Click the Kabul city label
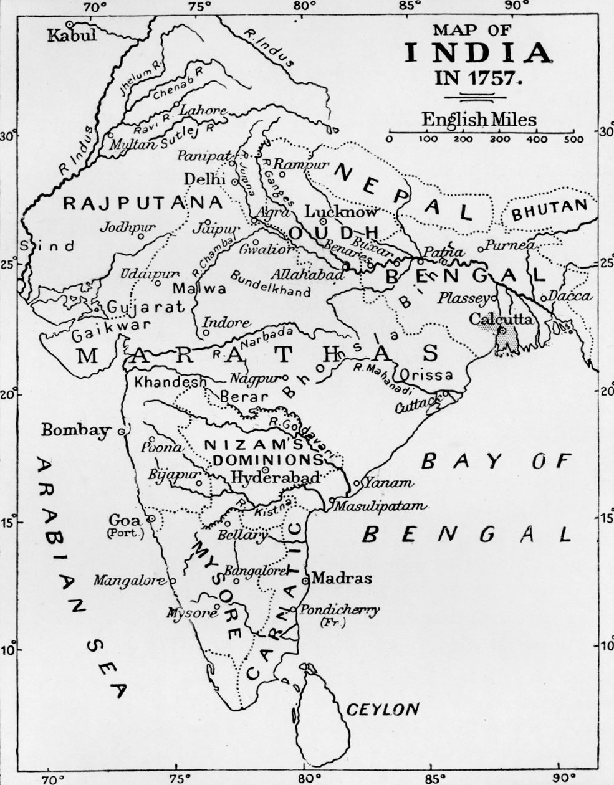point(72,35)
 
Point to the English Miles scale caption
point(478,118)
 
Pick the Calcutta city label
point(501,319)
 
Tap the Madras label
point(341,578)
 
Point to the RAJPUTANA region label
point(143,202)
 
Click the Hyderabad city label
point(275,478)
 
